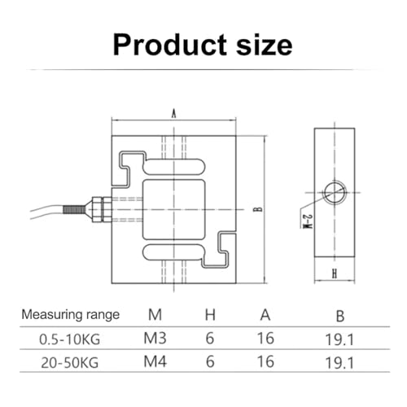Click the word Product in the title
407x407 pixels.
coord(170,45)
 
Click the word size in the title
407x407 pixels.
coord(265,45)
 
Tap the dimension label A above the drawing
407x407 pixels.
coord(173,114)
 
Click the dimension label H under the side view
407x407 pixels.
coord(335,274)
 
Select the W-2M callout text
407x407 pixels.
coord(308,221)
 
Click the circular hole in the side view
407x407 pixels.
coord(335,192)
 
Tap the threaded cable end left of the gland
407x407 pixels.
coord(74,209)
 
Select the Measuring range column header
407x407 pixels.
coord(71,315)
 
